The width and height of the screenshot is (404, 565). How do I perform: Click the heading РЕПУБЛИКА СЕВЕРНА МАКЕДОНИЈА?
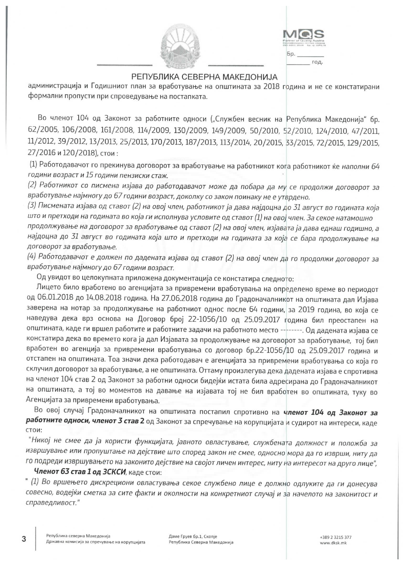click(x=205, y=77)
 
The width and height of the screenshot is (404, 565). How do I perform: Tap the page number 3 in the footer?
click(x=24, y=539)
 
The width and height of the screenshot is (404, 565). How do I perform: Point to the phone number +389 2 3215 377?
click(x=336, y=537)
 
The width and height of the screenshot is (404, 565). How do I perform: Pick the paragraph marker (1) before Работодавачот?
click(x=33, y=166)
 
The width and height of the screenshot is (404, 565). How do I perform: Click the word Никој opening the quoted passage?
click(x=39, y=443)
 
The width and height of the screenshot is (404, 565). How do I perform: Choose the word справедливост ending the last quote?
click(x=51, y=504)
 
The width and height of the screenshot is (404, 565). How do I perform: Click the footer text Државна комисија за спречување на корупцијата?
click(x=96, y=542)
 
